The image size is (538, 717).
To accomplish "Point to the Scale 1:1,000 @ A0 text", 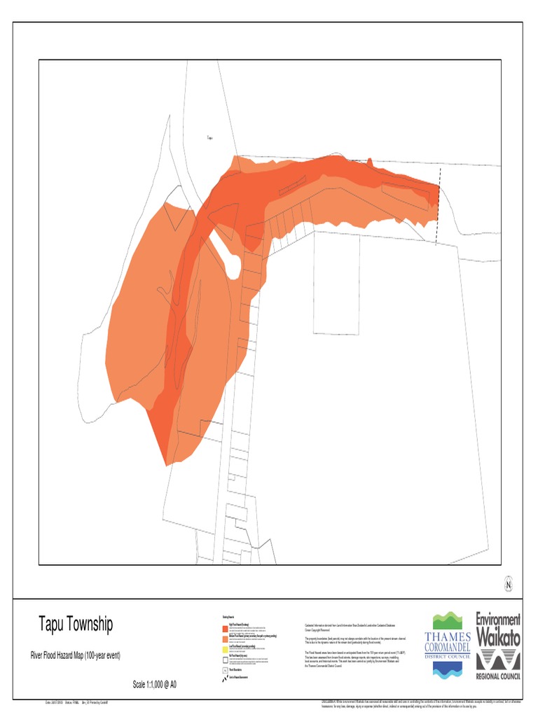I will [154, 684].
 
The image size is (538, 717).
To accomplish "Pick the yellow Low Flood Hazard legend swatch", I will [225, 649].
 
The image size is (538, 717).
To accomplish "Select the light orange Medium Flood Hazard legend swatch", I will [225, 639].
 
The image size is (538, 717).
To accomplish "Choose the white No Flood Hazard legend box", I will [225, 659].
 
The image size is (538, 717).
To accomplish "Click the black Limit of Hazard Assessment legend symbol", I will [225, 678].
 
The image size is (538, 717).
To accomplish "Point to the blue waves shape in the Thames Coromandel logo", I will [448, 669].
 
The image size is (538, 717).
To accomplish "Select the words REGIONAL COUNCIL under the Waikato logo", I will [499, 678].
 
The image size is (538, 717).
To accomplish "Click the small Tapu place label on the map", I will [209, 138].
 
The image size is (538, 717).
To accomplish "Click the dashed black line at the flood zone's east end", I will [439, 207].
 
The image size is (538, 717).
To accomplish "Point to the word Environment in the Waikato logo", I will [499, 620].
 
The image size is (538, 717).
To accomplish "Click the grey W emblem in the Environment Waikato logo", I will [499, 660].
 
